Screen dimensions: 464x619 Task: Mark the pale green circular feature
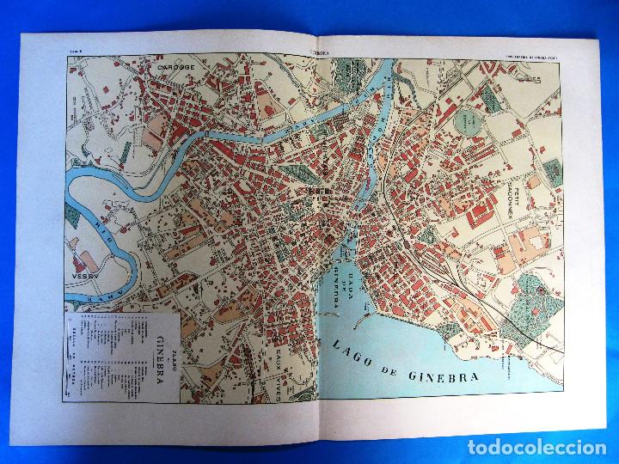[x=469, y=120]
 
